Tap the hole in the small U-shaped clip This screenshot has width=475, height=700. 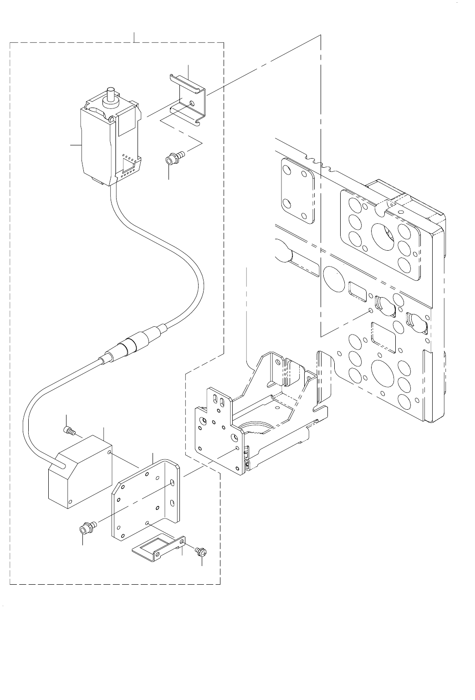(192, 103)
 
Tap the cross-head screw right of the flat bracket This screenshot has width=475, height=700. (200, 552)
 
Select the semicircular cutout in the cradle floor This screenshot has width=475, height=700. (257, 427)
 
